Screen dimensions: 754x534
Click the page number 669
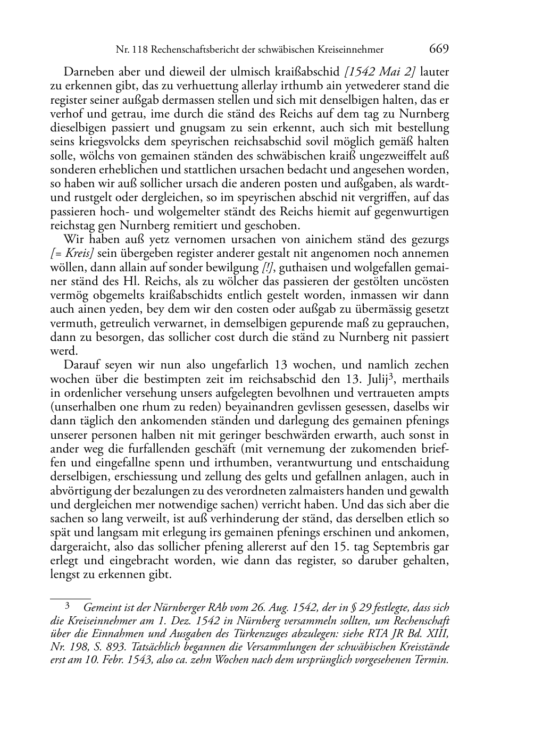point(439,49)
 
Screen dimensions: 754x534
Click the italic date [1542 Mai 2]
point(380,72)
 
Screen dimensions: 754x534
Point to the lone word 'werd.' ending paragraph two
point(64,351)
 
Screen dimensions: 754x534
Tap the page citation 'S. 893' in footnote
point(107,647)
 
